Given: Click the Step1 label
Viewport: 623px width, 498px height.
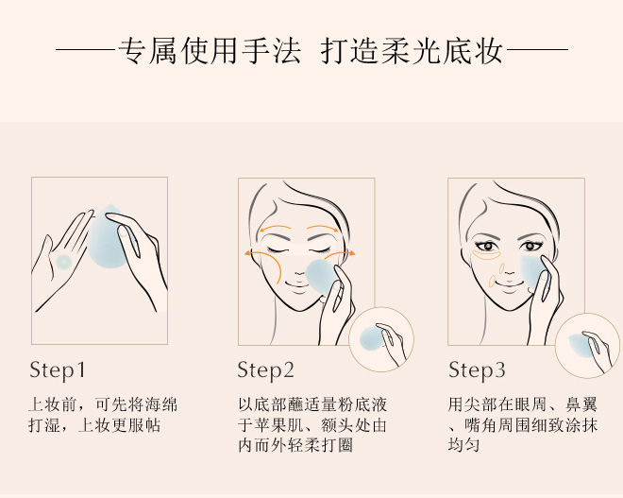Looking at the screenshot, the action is pyautogui.click(x=58, y=370).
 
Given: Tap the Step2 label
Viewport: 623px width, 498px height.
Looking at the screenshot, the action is pyautogui.click(x=265, y=370).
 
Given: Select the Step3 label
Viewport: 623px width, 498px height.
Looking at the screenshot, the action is pyautogui.click(x=477, y=370).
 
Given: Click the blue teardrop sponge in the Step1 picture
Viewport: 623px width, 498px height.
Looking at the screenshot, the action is pyautogui.click(x=107, y=236).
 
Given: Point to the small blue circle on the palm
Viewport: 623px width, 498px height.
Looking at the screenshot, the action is pyautogui.click(x=63, y=262).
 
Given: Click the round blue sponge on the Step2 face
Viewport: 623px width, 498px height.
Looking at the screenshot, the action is pyautogui.click(x=320, y=277).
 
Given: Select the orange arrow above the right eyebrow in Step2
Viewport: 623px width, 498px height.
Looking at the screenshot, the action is pyautogui.click(x=323, y=228).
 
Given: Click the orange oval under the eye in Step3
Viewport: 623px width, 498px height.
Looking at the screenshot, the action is pyautogui.click(x=487, y=254).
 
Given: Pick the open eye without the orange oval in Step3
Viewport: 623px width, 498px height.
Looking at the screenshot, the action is pyautogui.click(x=530, y=246).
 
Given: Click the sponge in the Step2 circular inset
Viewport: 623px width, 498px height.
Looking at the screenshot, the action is pyautogui.click(x=372, y=338).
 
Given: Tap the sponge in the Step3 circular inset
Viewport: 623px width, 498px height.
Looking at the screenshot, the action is pyautogui.click(x=579, y=345).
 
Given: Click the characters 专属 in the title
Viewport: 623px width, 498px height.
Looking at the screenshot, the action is pyautogui.click(x=148, y=51).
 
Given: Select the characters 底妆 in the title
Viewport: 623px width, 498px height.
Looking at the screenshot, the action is pyautogui.click(x=473, y=51).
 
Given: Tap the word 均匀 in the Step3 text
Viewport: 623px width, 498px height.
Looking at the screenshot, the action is pyautogui.click(x=463, y=444).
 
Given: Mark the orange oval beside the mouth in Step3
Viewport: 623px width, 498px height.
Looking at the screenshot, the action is pyautogui.click(x=493, y=282).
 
